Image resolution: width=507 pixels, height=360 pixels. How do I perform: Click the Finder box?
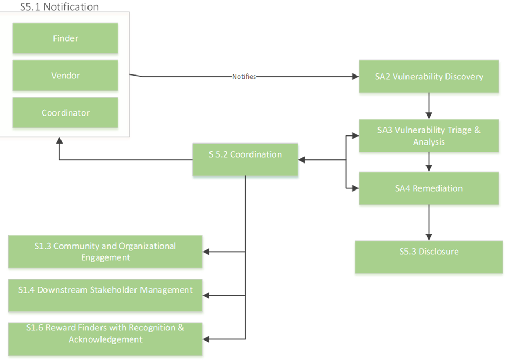[65, 38]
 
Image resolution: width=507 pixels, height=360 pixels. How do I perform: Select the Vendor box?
[65, 76]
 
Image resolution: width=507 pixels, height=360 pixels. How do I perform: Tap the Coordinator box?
[65, 113]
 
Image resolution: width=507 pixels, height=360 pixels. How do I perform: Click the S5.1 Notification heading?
[59, 6]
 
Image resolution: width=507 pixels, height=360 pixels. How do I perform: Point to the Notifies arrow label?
[244, 77]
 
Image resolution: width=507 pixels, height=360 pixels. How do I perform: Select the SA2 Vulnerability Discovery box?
[429, 77]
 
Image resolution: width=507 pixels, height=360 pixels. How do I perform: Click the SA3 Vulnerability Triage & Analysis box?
[429, 135]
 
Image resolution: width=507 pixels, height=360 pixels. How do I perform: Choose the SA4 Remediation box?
[429, 188]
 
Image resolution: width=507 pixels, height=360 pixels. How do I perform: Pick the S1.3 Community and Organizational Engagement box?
[105, 252]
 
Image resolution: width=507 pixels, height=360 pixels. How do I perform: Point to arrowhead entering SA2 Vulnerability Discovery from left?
[355, 77]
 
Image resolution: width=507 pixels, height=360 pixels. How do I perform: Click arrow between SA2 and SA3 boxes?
[429, 106]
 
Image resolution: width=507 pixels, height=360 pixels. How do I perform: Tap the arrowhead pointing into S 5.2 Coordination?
[302, 160]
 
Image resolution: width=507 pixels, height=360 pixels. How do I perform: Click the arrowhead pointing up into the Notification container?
[59, 140]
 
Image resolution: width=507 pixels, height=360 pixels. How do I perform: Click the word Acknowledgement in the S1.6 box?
[105, 339]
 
